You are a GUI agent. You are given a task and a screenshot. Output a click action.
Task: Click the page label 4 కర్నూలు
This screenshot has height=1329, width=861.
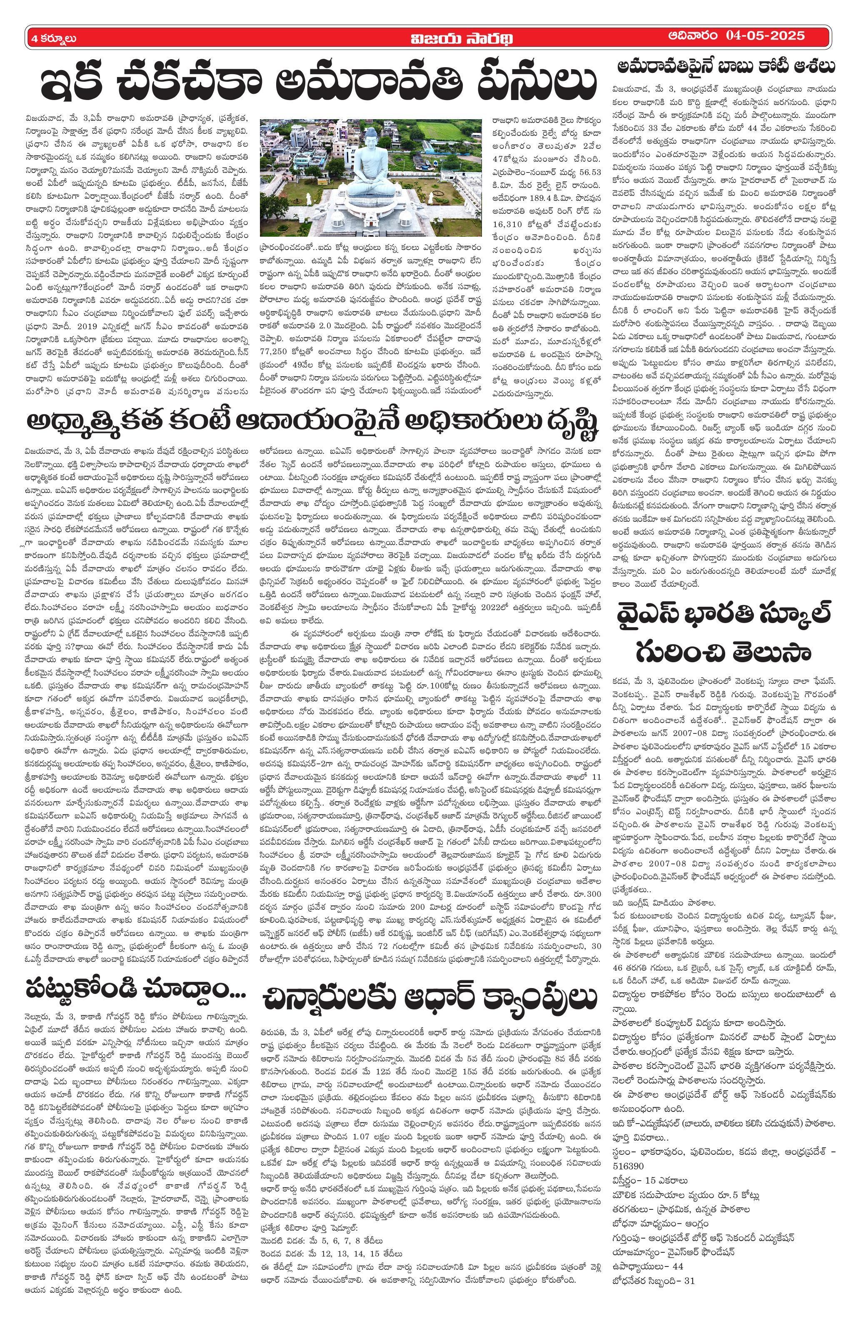(54, 38)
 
